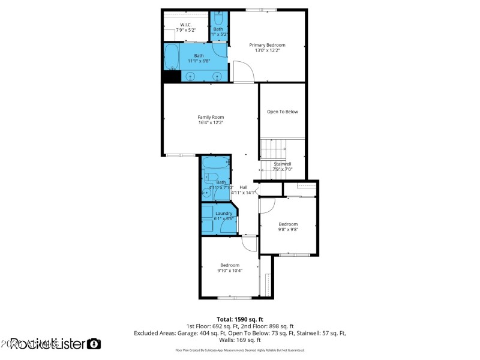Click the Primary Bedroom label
[267, 45]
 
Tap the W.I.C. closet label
[185, 25]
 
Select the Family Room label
[211, 117]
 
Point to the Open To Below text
[282, 112]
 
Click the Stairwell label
[282, 164]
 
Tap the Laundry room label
[224, 213]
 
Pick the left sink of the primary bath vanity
[191, 76]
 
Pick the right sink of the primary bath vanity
[217, 76]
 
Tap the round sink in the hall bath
[207, 193]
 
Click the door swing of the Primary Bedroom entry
[243, 72]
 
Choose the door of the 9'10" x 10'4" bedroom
[248, 244]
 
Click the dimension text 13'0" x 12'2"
[267, 51]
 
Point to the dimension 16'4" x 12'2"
[211, 123]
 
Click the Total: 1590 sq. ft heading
[240, 319]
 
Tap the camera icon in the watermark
[94, 344]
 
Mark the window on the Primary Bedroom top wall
[261, 10]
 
